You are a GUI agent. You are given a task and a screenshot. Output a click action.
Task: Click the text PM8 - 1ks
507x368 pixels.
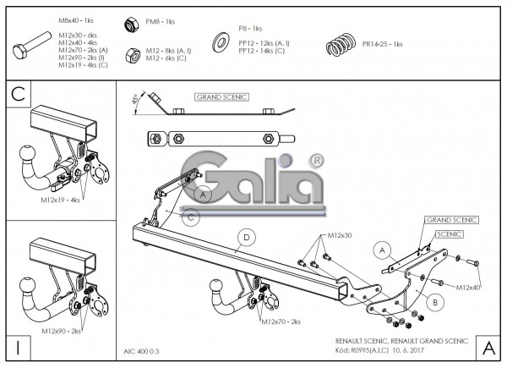point(161,21)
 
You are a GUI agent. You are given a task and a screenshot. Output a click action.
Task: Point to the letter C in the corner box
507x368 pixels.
point(18,94)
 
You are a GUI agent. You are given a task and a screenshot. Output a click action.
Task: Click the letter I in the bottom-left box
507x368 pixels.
point(18,347)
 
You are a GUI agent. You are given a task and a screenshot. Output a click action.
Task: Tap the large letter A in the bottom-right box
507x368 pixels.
point(488,347)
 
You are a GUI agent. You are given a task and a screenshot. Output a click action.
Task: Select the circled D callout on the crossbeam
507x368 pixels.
point(246,237)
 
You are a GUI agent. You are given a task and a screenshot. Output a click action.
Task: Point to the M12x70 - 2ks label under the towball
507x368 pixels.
point(281,322)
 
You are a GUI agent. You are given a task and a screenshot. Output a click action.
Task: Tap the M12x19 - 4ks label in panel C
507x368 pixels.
point(59,201)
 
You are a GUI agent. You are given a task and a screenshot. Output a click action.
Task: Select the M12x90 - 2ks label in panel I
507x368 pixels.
point(59,332)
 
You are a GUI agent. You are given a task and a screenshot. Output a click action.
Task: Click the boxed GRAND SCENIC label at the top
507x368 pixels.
point(221,97)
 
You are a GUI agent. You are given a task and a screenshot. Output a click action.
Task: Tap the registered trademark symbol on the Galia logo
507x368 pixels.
point(316,159)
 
